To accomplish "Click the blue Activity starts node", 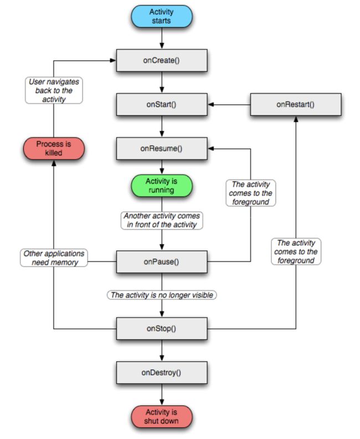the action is coord(162,16).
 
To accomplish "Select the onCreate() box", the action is coord(162,60).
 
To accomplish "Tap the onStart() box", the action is coord(162,105).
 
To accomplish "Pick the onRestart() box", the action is coord(296,105).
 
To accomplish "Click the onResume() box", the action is coord(162,148).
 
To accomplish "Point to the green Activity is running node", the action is coord(162,185).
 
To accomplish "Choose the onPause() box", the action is coord(162,262).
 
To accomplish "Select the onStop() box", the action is coord(162,328).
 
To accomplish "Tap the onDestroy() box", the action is coord(162,373).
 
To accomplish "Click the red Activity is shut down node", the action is coord(162,417).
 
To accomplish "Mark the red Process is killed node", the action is coord(54,148).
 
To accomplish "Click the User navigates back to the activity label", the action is coord(54,90).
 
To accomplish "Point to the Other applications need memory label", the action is coord(54,258).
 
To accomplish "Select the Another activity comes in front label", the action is coord(162,220).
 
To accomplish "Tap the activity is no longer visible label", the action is coord(162,295).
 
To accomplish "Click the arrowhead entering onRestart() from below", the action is coord(296,118).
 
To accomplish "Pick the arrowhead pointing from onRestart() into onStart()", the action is coord(210,105).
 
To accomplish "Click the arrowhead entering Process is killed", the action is coord(54,163).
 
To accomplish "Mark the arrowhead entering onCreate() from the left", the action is coord(113,60).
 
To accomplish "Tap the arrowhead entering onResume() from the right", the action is coord(210,149).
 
